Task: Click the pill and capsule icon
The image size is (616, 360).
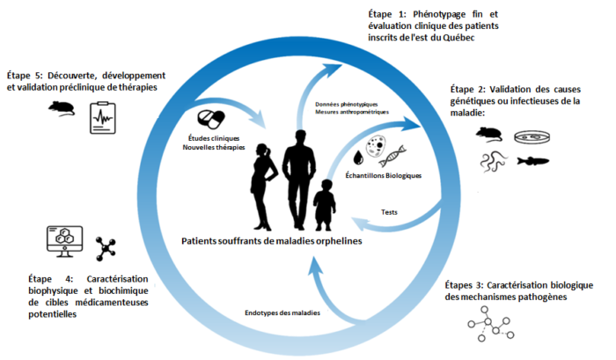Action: click(x=211, y=120)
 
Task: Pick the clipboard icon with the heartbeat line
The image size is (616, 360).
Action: click(x=103, y=118)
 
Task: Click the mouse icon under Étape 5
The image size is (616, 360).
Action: click(x=62, y=108)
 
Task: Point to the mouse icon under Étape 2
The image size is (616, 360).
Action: click(x=489, y=135)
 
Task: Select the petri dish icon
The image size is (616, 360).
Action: click(x=532, y=137)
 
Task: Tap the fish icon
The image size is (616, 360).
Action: click(x=533, y=161)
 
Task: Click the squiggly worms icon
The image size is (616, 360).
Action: click(x=494, y=162)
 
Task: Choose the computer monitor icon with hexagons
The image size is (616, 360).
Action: click(x=65, y=241)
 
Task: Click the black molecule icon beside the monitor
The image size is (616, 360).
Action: click(x=106, y=249)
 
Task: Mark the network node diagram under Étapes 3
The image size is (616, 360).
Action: click(x=491, y=324)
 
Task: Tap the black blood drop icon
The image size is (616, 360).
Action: click(x=358, y=158)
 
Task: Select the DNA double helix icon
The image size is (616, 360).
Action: click(x=392, y=156)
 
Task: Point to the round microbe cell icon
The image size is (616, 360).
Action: click(x=376, y=146)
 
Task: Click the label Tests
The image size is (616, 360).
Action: click(x=389, y=212)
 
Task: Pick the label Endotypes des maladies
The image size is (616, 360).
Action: click(x=282, y=312)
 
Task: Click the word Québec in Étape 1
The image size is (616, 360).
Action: click(x=458, y=38)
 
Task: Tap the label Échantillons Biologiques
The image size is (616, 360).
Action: click(x=384, y=176)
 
